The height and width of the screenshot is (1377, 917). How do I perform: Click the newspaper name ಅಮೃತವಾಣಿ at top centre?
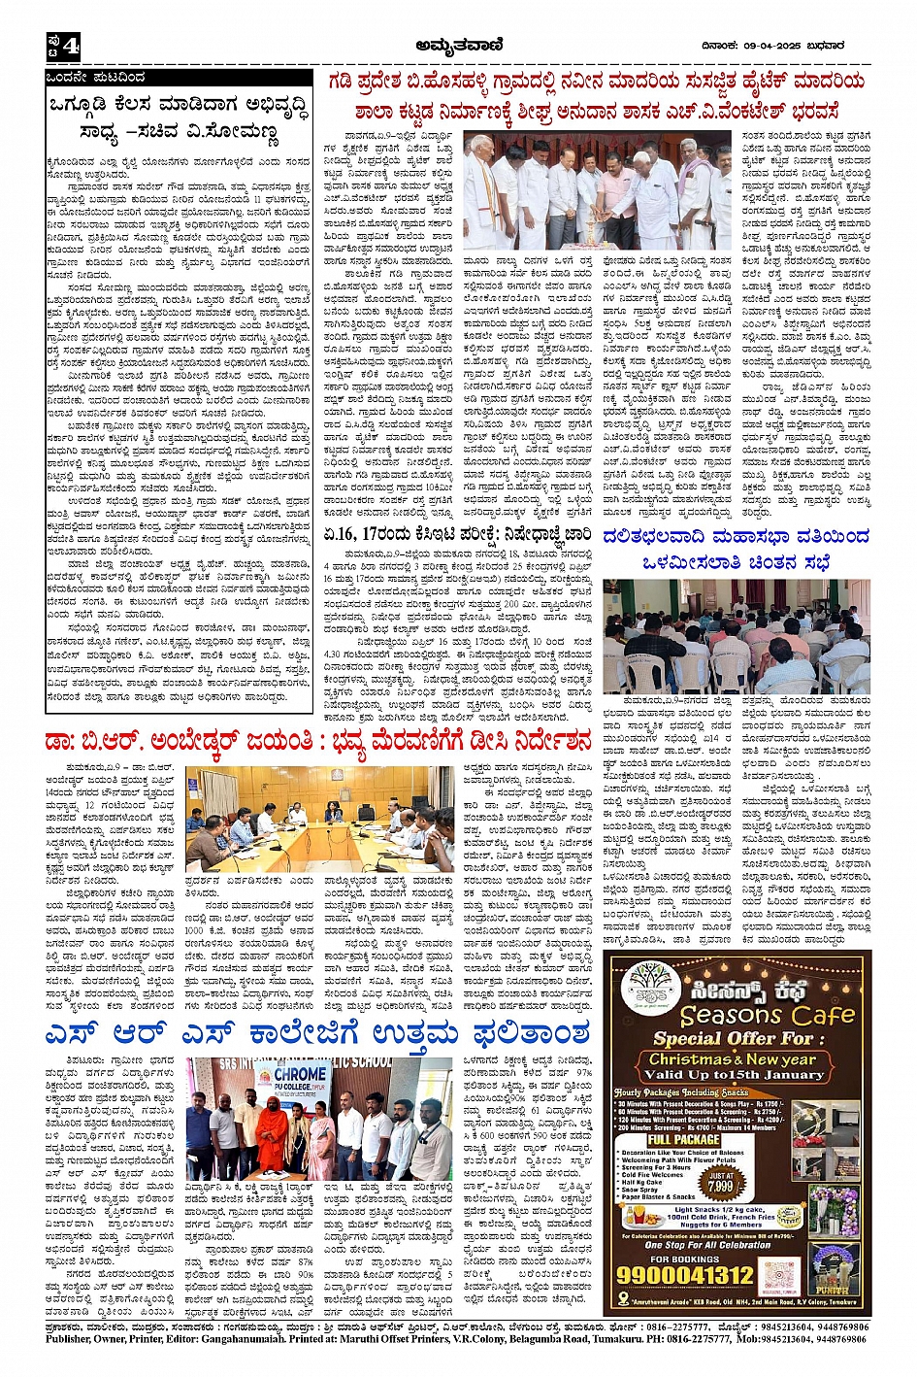point(457,44)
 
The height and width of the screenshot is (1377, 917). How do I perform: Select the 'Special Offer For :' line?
point(719,1038)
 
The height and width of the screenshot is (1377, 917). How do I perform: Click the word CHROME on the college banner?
point(300,1075)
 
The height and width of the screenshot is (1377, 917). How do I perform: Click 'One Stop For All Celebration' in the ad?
point(693,1244)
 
